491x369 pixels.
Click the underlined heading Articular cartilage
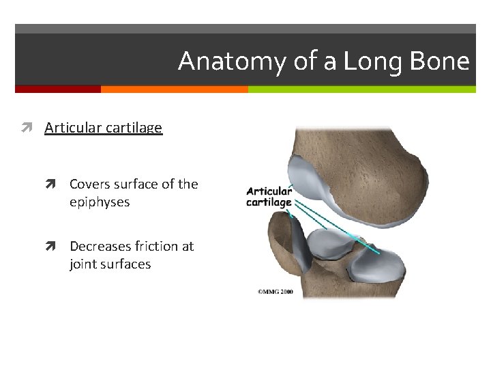coord(103,128)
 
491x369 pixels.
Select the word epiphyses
coord(100,202)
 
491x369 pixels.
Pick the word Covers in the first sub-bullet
coord(90,184)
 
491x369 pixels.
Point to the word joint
coord(84,264)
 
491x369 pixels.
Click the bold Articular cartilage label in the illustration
coord(269,197)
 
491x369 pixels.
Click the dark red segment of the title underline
coord(58,89)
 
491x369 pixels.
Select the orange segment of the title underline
coord(174,89)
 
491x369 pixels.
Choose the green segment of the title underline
coord(361,89)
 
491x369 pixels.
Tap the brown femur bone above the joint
coord(355,164)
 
